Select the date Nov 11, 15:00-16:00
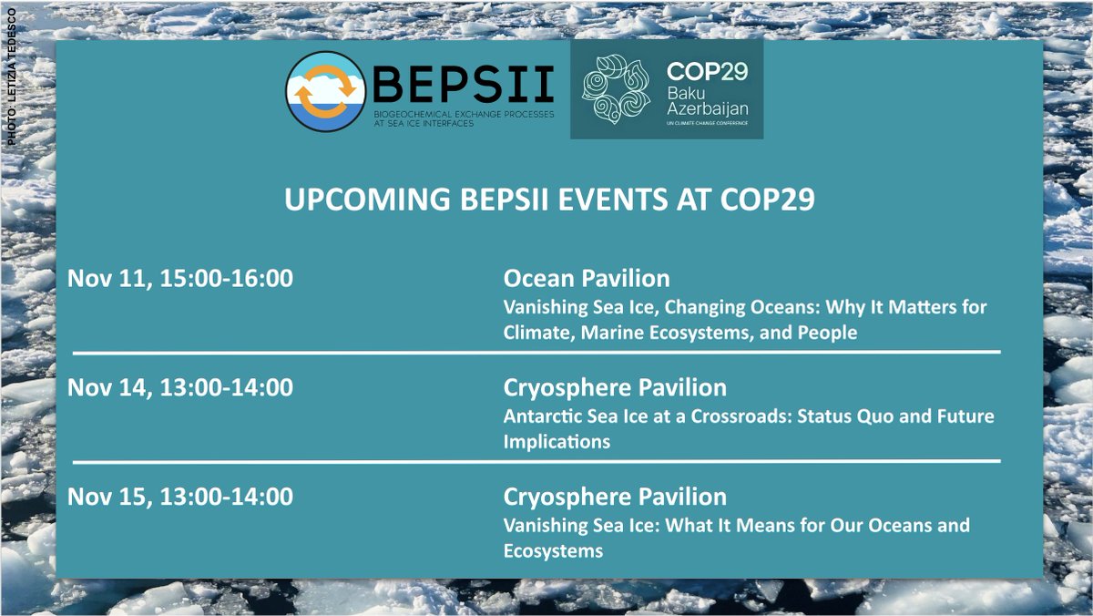click(180, 279)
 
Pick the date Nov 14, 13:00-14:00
click(180, 388)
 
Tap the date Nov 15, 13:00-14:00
click(180, 498)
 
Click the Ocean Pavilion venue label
click(586, 279)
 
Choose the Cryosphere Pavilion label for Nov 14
click(615, 388)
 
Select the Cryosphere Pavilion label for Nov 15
click(615, 498)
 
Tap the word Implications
click(557, 442)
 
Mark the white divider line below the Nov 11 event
click(536, 352)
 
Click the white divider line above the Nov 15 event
click(536, 461)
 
